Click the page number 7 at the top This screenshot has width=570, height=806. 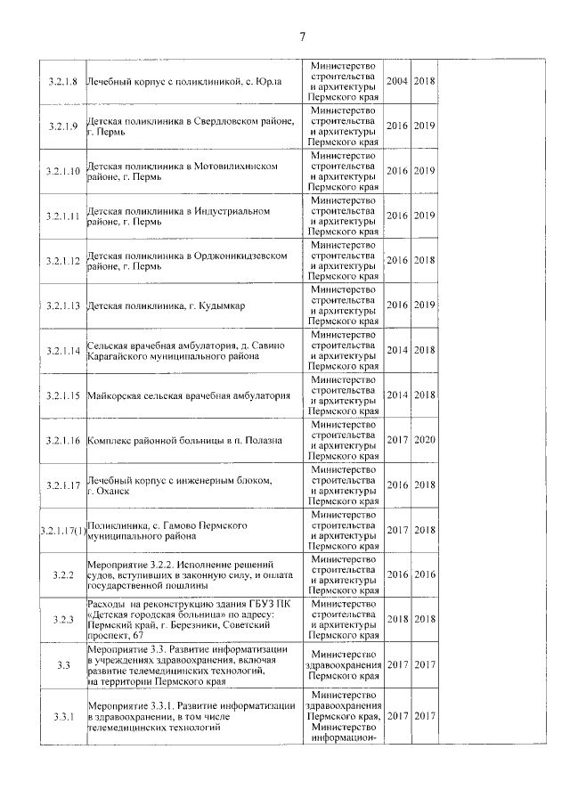pos(302,37)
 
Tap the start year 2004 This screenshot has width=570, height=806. pos(397,81)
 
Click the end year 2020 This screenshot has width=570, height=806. pos(425,440)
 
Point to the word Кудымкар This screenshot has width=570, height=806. pos(219,305)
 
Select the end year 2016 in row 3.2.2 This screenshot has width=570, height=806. pos(425,574)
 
